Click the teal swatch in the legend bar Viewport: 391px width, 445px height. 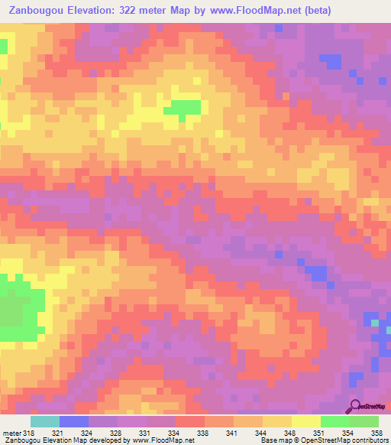45,421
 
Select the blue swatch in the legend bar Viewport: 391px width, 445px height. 74,421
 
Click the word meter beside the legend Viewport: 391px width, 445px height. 11,434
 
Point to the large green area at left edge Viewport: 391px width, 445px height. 14,310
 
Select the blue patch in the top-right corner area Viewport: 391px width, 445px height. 331,60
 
